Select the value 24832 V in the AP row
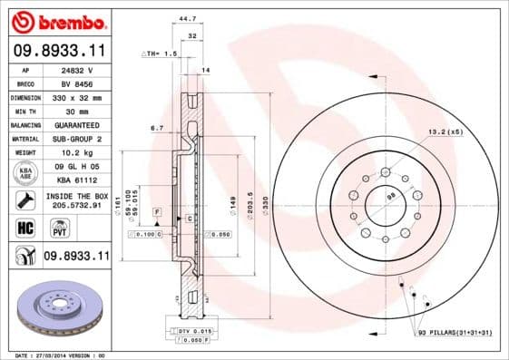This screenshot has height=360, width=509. tap(77, 69)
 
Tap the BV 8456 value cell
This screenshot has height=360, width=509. tap(77, 83)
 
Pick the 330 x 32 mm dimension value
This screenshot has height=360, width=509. tap(77, 96)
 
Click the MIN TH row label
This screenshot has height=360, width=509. tap(24, 110)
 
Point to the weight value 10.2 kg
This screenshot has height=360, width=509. tap(77, 152)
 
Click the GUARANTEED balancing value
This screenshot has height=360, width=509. tap(77, 124)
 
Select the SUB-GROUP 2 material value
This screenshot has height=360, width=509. tap(77, 139)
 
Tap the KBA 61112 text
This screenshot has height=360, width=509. tap(77, 180)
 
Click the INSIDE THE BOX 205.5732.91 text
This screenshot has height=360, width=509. tap(77, 200)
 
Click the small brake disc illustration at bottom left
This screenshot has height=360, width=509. tap(60, 309)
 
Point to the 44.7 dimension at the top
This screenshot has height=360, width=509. tap(188, 17)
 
